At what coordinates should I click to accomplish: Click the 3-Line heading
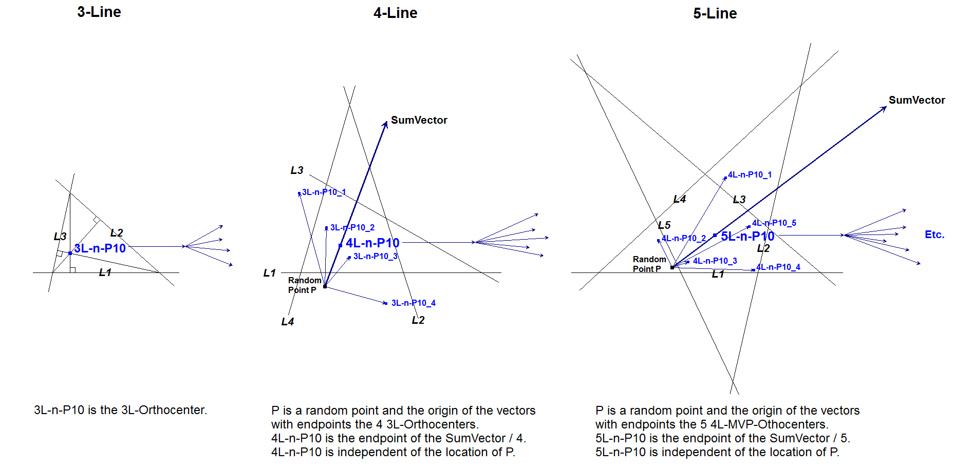(99, 12)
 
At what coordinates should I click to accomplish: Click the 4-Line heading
(395, 13)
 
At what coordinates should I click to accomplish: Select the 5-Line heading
(715, 13)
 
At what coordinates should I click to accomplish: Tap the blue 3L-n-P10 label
(100, 248)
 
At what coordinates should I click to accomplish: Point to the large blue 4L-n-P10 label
(372, 243)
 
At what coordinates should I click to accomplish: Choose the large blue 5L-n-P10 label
(747, 236)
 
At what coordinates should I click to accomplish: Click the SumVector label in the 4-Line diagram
(419, 120)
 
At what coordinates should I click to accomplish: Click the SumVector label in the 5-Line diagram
(916, 100)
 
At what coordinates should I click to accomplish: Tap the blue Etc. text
(934, 234)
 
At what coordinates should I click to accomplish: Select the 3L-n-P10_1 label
(324, 192)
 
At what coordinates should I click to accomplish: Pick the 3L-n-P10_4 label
(413, 303)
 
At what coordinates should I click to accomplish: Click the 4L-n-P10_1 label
(750, 174)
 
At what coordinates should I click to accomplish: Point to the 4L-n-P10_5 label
(774, 223)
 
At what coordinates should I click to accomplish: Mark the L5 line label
(664, 225)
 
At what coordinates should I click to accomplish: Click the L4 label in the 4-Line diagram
(288, 322)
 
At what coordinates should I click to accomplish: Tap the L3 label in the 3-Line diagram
(60, 236)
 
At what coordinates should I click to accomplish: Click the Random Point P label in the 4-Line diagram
(304, 285)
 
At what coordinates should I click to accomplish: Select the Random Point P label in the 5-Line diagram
(649, 264)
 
